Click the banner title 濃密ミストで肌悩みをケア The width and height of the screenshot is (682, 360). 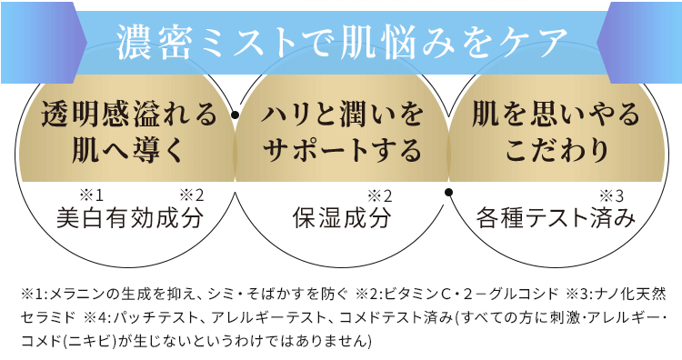[x=341, y=41]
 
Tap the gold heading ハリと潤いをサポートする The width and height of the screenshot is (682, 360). [x=342, y=130]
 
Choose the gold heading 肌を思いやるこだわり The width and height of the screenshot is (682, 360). [x=556, y=130]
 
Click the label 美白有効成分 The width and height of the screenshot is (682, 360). [x=129, y=219]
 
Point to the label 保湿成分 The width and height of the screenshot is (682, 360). [x=341, y=219]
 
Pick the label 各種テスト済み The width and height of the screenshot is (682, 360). [x=554, y=219]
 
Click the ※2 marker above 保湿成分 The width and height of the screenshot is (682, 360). [x=378, y=195]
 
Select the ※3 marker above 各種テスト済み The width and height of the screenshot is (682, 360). [x=610, y=195]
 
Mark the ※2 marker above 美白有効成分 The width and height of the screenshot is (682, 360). [x=191, y=195]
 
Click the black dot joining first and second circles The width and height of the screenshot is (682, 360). [x=235, y=115]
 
